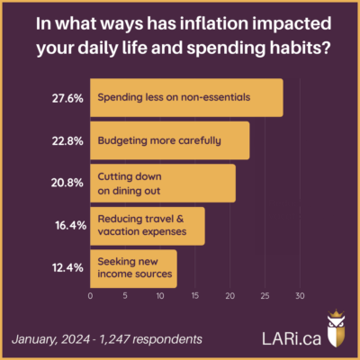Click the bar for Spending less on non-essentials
(x=186, y=97)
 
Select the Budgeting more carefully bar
(x=169, y=140)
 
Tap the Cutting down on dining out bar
(x=162, y=182)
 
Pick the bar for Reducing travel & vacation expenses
(x=147, y=225)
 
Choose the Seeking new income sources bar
(x=132, y=268)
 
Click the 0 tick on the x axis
(x=90, y=295)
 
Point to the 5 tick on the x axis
(x=125, y=295)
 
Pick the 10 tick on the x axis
(x=160, y=295)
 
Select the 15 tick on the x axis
(x=195, y=295)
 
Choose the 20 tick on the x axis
(x=230, y=295)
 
